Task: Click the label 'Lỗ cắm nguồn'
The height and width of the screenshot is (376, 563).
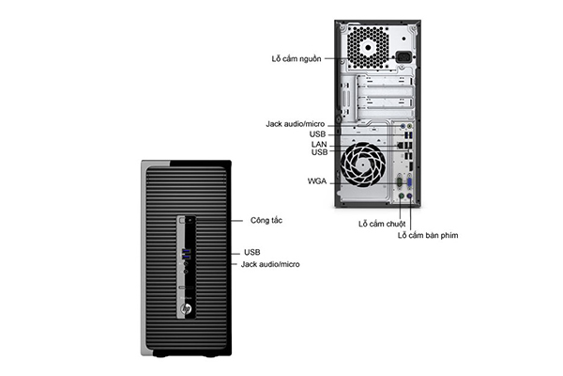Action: pos(297,58)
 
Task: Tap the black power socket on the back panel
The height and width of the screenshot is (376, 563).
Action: pos(403,56)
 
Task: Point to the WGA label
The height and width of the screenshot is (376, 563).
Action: pos(317,181)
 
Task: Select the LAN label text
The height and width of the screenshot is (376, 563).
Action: pos(319,144)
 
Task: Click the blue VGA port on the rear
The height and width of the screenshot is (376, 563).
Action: pos(409,181)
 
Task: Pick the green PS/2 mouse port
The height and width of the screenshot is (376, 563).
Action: pos(402,196)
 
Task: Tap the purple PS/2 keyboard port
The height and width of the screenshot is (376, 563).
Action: pos(409,196)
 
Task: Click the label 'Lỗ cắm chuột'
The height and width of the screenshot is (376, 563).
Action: pos(382,224)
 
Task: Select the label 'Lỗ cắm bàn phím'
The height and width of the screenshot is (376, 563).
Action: pos(428,235)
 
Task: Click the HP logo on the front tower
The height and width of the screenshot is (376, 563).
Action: pos(186,308)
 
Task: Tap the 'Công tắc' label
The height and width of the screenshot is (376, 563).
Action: pos(266,220)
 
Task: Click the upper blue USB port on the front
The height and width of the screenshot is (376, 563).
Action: pos(186,250)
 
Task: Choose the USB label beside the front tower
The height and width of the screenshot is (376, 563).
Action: pos(252,252)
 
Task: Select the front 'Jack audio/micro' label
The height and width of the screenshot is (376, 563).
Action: pos(270,264)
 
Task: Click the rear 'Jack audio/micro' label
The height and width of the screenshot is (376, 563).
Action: pos(296,124)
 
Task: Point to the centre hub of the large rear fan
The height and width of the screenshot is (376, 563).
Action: pos(362,164)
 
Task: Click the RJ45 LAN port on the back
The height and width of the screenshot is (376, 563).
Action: pos(401,146)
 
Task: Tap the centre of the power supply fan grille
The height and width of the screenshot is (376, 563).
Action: pos(369,47)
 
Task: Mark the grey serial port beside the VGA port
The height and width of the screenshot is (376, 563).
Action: pos(401,181)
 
